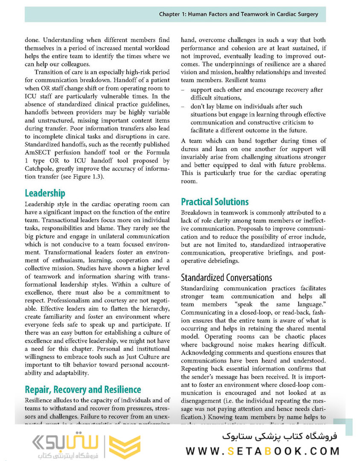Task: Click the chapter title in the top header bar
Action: click(x=238, y=14)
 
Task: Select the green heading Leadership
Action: click(x=45, y=193)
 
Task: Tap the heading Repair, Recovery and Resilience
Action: click(x=83, y=389)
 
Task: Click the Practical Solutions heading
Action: click(x=215, y=201)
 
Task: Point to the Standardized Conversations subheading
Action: click(x=226, y=277)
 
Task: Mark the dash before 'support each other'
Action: click(x=183, y=90)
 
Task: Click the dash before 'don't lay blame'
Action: click(x=183, y=106)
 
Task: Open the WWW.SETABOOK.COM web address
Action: click(x=263, y=451)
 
